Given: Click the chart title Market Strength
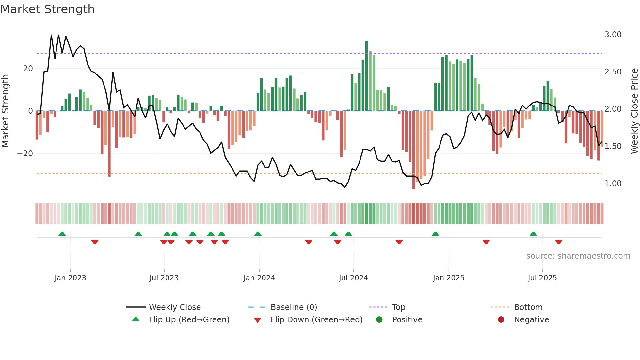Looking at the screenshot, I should tap(47, 9).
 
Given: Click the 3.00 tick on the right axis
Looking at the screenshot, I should tap(613, 35).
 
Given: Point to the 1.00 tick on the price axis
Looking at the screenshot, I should tap(613, 184).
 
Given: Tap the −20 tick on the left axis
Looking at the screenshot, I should tap(25, 154).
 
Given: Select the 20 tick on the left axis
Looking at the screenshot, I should tap(28, 69).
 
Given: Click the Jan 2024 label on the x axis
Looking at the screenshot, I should tap(259, 278).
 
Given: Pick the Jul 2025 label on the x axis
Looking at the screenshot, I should tap(542, 278).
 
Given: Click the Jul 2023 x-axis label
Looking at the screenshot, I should tap(164, 278).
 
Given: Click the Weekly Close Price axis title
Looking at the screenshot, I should tap(634, 111).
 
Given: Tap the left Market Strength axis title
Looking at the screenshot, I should tap(5, 111).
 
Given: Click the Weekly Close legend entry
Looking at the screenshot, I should tap(175, 307).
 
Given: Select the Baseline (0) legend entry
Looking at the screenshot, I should tap(294, 307).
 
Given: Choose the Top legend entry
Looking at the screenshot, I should tap(398, 307).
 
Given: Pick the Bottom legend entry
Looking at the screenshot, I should tap(528, 307).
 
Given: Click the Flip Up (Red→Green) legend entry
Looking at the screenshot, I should tap(189, 320).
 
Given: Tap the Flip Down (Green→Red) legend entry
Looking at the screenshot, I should tap(316, 320).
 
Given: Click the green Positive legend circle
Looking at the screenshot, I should tap(379, 320).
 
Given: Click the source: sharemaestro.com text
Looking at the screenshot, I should tap(578, 256).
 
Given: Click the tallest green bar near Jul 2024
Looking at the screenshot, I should tap(366, 75).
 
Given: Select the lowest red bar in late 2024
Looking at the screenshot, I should tap(414, 150).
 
